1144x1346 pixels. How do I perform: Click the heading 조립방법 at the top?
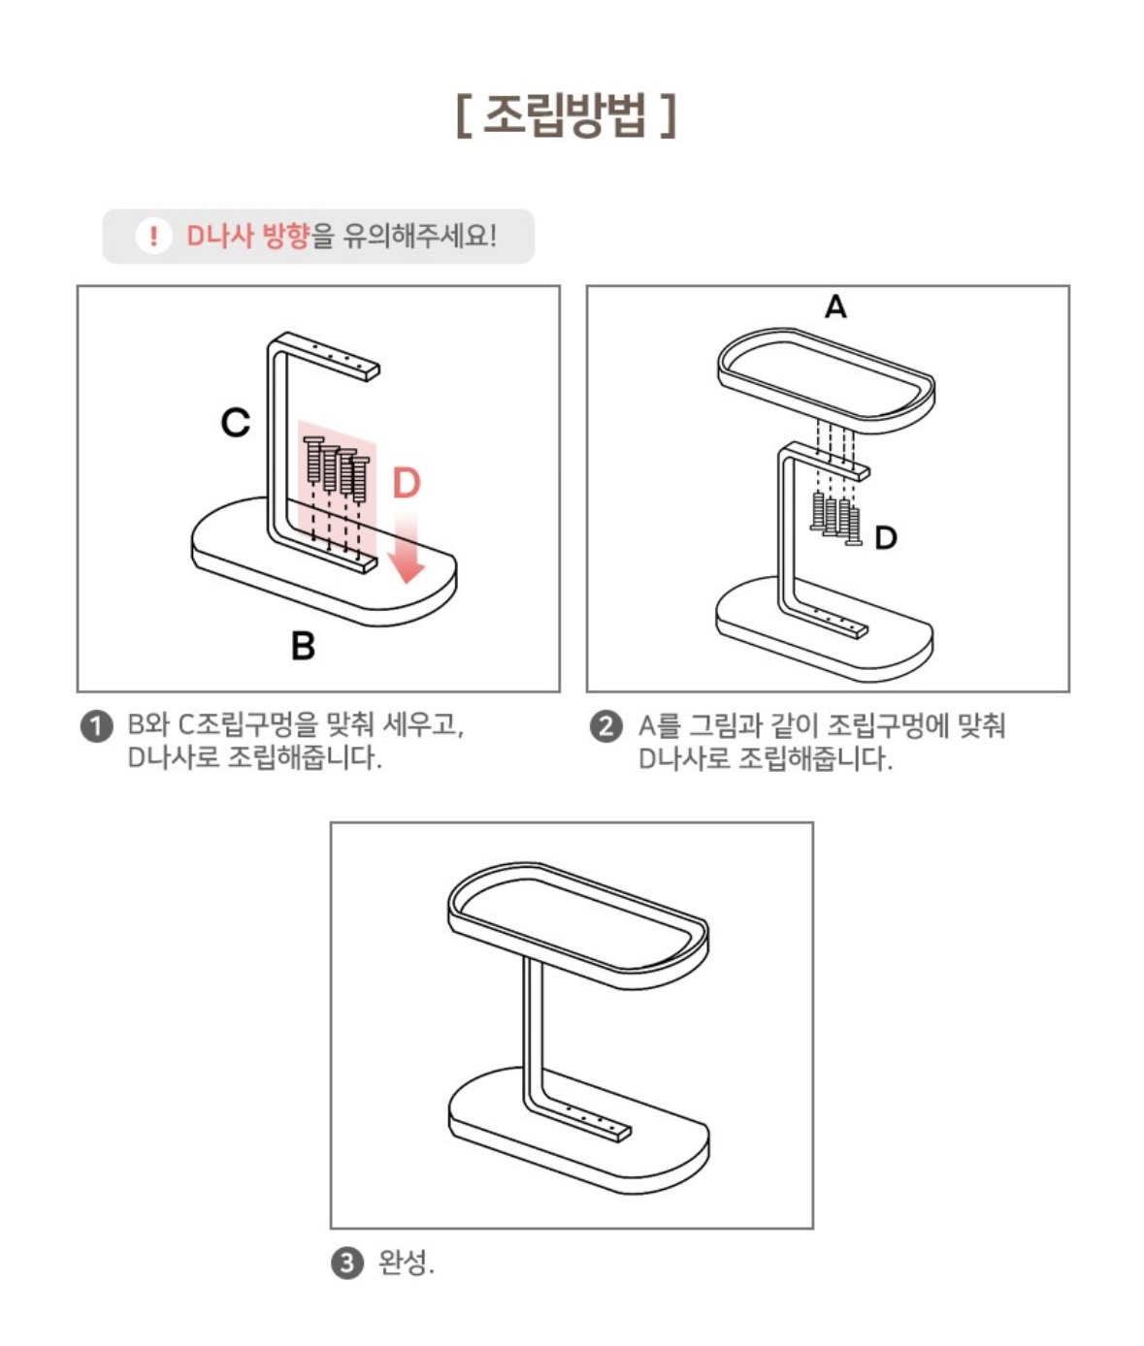(x=566, y=115)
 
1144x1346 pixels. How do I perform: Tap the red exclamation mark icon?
(x=153, y=236)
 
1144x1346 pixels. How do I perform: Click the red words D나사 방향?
(x=247, y=236)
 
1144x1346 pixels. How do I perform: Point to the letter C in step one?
(x=235, y=423)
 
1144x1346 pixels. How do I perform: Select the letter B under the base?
(x=303, y=646)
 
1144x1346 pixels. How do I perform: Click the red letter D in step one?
(x=407, y=483)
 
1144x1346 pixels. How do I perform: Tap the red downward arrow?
(x=407, y=547)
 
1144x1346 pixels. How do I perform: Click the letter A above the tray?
(x=835, y=306)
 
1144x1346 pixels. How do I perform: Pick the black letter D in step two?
(x=886, y=538)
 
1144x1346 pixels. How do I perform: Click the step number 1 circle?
(x=97, y=726)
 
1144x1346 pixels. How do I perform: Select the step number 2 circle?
(x=605, y=726)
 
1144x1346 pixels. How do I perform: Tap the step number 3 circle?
(x=348, y=1264)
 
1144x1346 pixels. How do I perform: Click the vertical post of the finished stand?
(x=534, y=1036)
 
